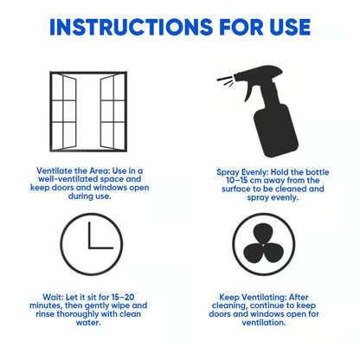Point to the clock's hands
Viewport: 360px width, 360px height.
coord(95,244)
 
